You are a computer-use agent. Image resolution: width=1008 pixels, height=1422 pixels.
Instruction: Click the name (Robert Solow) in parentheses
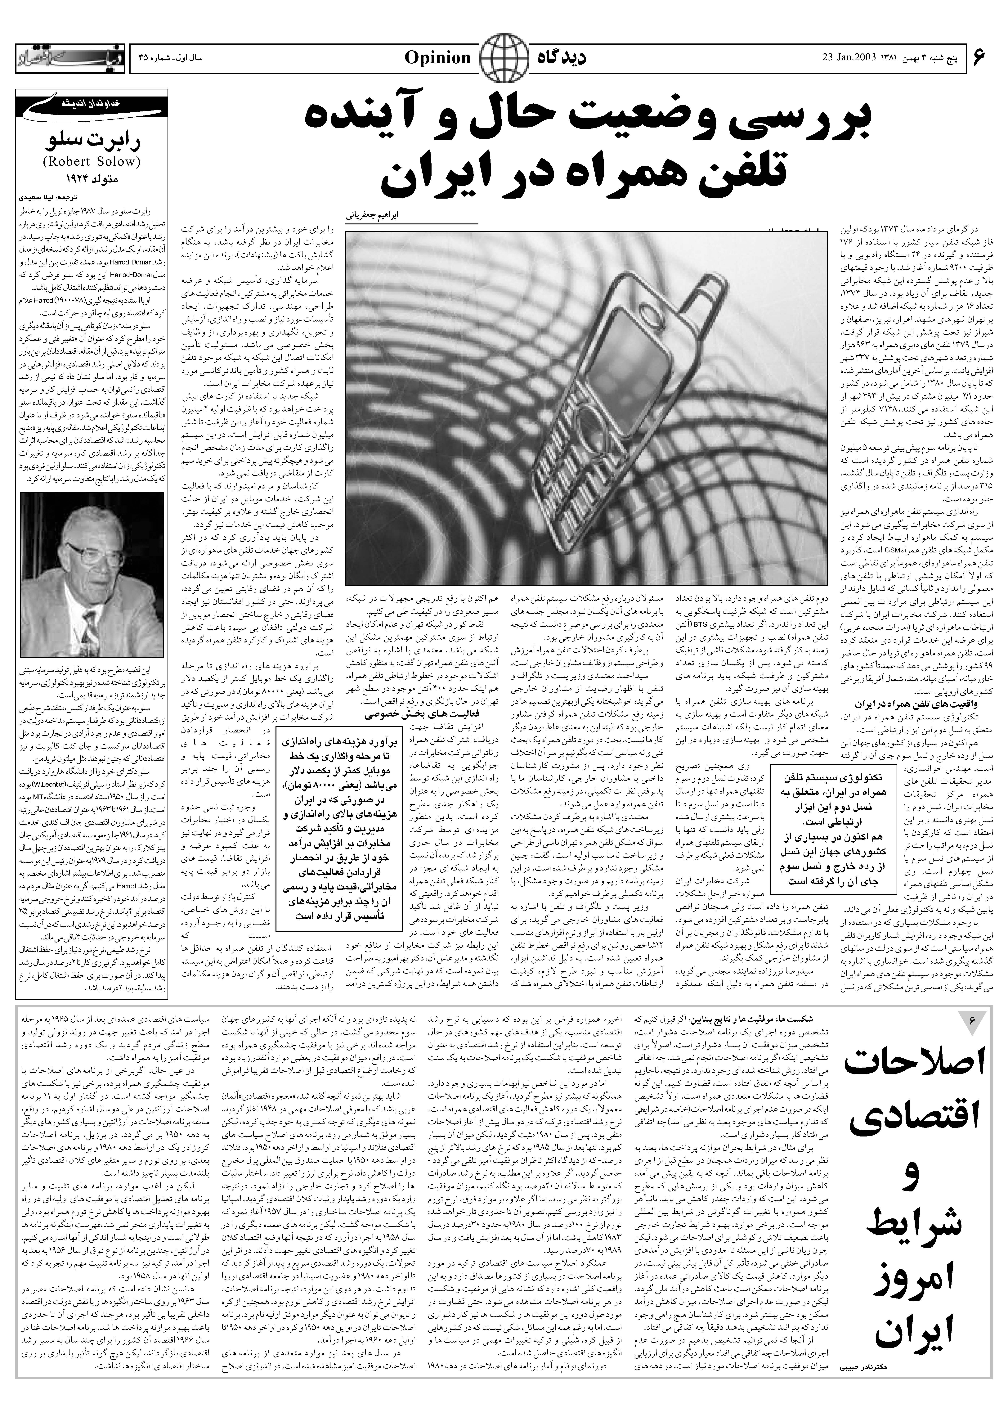pyautogui.click(x=92, y=163)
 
